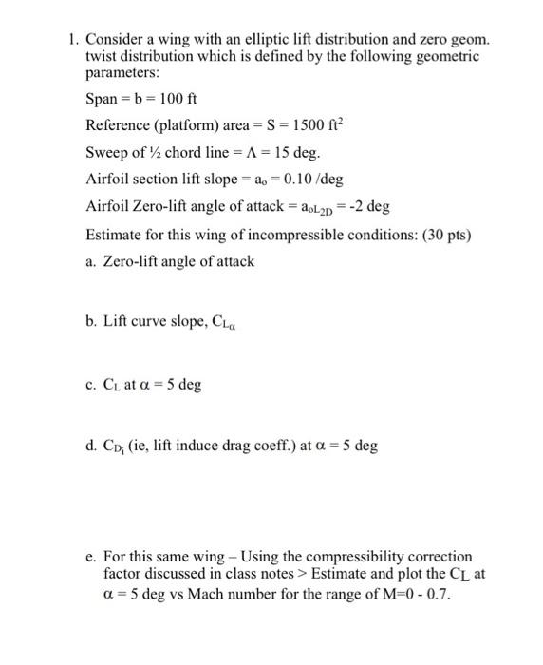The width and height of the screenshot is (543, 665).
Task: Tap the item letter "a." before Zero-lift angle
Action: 91,260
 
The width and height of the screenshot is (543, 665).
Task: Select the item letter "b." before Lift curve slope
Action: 91,323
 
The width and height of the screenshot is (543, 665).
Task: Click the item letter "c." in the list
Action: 91,385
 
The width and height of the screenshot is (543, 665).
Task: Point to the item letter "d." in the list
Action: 91,446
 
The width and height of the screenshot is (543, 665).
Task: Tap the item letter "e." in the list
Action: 91,557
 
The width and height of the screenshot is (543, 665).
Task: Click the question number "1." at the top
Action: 72,40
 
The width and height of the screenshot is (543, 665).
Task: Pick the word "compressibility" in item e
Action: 349,557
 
